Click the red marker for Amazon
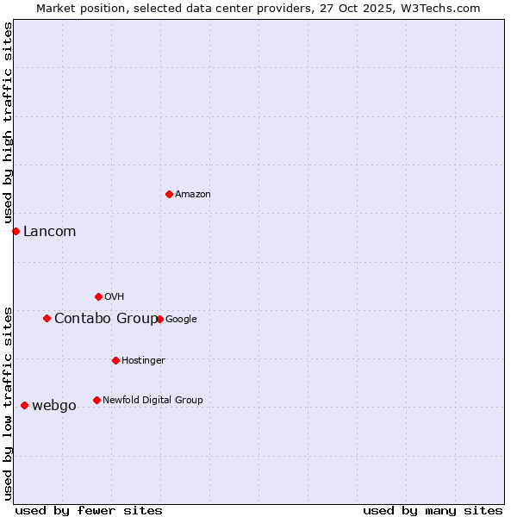click(x=169, y=194)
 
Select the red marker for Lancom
click(x=16, y=231)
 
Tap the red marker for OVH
click(x=98, y=296)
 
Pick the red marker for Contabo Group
click(x=47, y=318)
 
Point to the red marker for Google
click(x=159, y=319)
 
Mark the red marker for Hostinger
click(x=115, y=360)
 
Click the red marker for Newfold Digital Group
click(x=97, y=400)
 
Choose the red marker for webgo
click(x=24, y=405)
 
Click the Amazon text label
click(x=193, y=195)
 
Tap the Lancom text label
click(x=49, y=231)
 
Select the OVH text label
click(x=115, y=297)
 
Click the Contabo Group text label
click(x=105, y=319)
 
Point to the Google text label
click(x=181, y=320)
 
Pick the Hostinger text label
click(x=143, y=361)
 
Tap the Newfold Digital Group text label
click(x=153, y=400)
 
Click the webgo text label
click(x=53, y=406)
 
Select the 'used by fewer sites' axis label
click(x=89, y=510)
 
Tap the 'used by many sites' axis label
click(x=433, y=510)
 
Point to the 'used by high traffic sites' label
click(x=8, y=123)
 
